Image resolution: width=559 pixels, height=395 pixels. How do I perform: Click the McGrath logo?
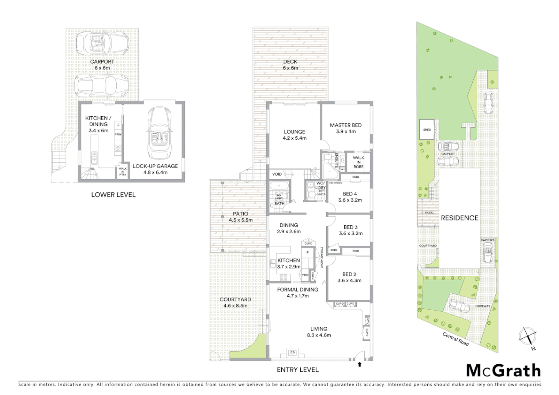[503, 371]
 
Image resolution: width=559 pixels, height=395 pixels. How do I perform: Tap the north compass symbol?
[528, 336]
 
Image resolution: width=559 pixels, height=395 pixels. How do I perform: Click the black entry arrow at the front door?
[360, 364]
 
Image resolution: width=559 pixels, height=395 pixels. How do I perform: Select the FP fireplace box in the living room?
[292, 353]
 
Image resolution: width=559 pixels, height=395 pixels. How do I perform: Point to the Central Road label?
[455, 339]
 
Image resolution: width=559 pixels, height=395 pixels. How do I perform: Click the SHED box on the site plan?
[427, 129]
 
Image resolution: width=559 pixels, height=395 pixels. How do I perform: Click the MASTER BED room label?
[345, 125]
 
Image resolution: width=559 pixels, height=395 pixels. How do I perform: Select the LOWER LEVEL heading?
[113, 195]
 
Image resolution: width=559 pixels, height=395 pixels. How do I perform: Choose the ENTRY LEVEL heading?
[297, 370]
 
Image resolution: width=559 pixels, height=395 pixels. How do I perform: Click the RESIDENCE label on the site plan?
[459, 218]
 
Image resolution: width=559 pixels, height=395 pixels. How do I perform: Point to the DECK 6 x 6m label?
[290, 65]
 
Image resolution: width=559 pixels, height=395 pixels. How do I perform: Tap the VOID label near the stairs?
[277, 174]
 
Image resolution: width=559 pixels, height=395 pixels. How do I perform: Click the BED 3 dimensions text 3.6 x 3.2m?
[350, 233]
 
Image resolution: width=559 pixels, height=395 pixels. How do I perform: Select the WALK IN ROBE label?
[358, 162]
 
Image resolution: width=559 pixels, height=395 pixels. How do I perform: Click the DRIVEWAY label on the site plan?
[483, 306]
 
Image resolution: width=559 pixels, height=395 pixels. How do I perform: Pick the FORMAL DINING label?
[297, 289]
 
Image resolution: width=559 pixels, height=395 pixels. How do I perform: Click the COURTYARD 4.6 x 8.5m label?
[235, 302]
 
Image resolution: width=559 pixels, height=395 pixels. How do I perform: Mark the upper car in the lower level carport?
[102, 42]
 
